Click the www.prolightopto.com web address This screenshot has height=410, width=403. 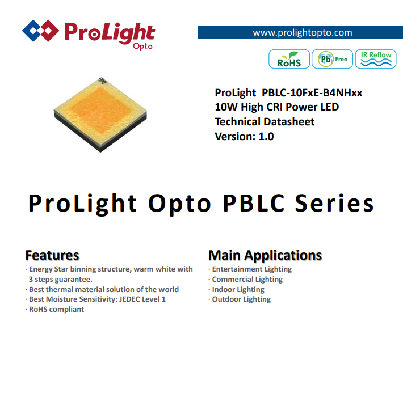point(302,33)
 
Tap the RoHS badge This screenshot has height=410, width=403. point(289,59)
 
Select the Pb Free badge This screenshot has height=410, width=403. point(333,59)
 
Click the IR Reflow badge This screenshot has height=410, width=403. point(376,59)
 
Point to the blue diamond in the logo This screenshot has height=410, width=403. point(32,31)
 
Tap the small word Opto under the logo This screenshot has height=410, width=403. point(142,47)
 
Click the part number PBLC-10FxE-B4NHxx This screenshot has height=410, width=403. point(312,93)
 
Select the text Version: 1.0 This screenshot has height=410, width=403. point(244,137)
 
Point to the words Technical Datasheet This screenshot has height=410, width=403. point(265,122)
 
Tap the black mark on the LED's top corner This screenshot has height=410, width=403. point(102,81)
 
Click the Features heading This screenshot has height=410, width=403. point(52,255)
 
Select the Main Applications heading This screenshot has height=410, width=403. point(265,255)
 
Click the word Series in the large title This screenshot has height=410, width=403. point(335,203)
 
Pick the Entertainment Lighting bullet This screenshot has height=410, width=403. point(250,269)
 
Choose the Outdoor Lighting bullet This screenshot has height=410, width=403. point(240,299)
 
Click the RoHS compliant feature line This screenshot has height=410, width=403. point(54,309)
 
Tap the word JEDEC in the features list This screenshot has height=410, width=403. point(129,299)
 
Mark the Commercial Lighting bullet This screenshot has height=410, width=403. point(246,280)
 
